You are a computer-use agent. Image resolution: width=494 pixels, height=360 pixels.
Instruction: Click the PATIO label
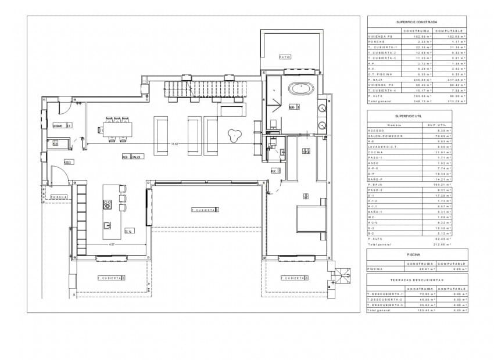[x=284, y=57]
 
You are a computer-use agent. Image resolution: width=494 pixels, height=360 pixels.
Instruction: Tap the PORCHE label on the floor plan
[x=59, y=197]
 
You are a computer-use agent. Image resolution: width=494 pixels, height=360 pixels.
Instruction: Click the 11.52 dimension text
[x=174, y=144]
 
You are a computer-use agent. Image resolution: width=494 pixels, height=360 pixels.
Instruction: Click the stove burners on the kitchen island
[x=108, y=204]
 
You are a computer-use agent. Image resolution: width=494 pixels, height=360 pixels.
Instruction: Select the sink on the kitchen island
[x=108, y=225]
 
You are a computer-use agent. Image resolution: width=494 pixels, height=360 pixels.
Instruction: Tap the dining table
[x=116, y=129]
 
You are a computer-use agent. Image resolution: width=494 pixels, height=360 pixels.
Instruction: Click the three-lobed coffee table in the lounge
[x=234, y=135]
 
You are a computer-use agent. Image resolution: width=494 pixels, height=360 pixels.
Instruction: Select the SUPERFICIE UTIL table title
[x=409, y=116]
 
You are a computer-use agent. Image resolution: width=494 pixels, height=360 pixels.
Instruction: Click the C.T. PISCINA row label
[x=381, y=75]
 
